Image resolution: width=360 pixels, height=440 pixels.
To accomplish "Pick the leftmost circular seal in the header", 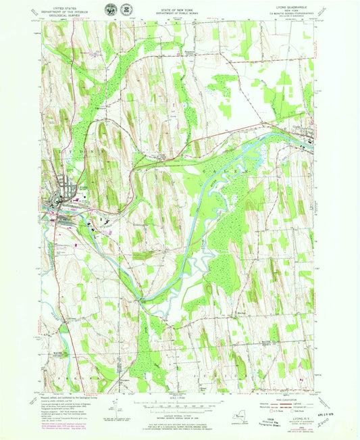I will pos(111,9).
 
